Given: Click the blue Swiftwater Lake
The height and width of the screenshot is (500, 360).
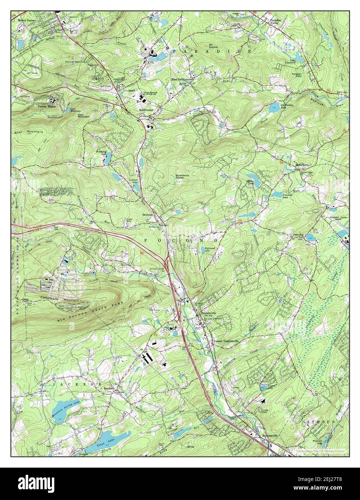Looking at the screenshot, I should pos(274,107).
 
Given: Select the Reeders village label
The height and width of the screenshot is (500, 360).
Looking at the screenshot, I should pos(109,388).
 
